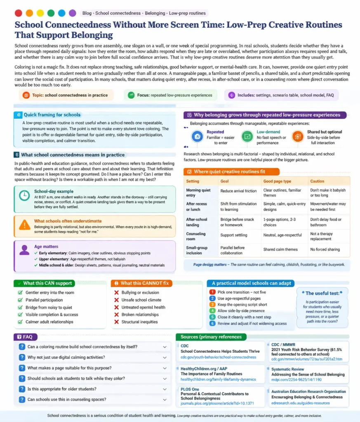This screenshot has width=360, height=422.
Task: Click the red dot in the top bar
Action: (18, 13)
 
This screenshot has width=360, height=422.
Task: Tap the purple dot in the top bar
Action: (73, 13)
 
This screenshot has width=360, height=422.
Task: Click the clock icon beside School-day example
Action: (24, 196)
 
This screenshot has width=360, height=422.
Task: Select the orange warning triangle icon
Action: (25, 225)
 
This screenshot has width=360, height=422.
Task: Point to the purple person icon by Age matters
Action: (24, 250)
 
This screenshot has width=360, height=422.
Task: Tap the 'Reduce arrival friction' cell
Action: (238, 191)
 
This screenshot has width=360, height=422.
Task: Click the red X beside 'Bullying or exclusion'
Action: (117, 293)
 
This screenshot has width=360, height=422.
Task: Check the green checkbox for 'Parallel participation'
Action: (20, 300)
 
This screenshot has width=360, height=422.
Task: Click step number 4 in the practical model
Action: (212, 310)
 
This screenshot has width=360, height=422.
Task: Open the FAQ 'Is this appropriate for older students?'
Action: (62, 389)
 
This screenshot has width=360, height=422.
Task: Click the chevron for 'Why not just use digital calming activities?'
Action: (165, 357)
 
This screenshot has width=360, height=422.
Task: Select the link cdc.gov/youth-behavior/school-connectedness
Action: (219, 357)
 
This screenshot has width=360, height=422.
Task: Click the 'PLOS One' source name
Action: (190, 389)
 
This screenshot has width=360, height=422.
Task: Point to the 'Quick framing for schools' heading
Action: (52, 115)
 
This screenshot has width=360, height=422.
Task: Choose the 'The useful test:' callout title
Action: (322, 293)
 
